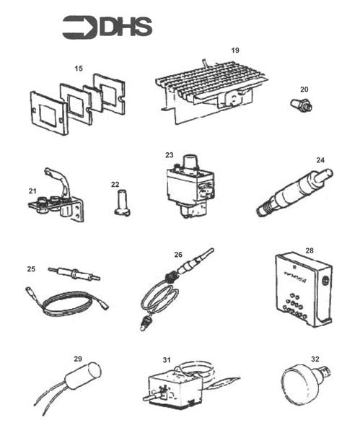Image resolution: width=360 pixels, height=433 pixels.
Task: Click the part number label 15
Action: tap(79, 68)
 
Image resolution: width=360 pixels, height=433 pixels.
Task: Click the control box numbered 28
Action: tap(303, 289)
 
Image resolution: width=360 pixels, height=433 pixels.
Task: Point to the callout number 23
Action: tap(170, 154)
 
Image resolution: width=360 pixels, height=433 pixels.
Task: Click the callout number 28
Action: tap(309, 250)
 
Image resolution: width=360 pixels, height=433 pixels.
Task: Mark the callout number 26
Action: tap(178, 255)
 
